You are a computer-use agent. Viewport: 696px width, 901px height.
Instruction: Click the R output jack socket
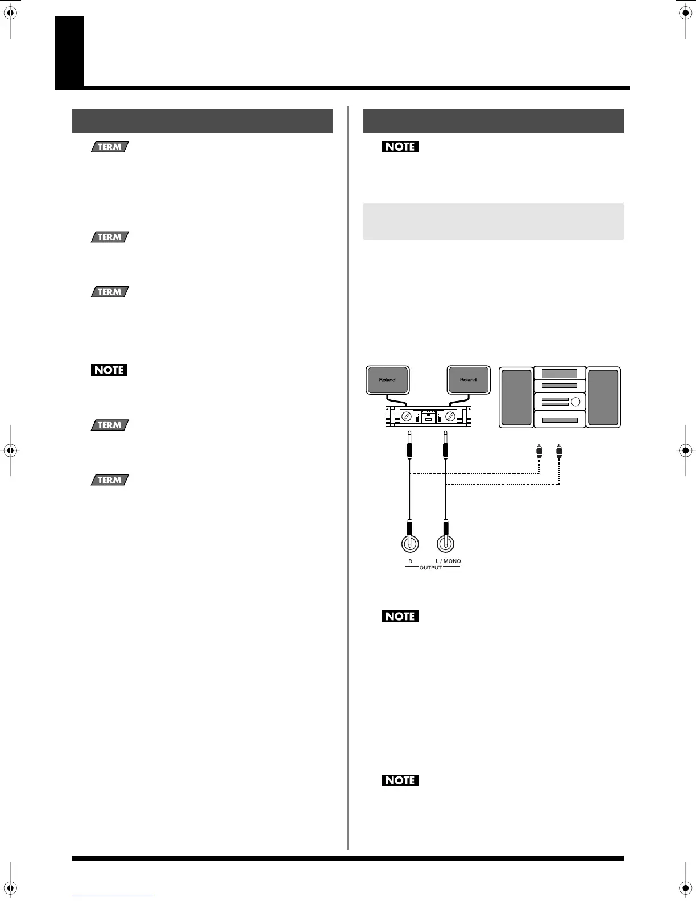[409, 544]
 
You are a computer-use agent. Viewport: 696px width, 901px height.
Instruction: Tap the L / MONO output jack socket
[446, 544]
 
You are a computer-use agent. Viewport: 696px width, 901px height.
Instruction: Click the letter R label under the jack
[409, 561]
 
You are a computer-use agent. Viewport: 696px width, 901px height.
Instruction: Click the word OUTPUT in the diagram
[430, 568]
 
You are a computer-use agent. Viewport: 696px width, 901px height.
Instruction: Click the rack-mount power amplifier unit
[428, 417]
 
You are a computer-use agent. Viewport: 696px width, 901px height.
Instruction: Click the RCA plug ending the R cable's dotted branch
[538, 452]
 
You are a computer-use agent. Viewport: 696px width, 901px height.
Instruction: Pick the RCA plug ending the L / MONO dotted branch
[559, 452]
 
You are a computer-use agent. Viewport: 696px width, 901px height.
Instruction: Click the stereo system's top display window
[560, 374]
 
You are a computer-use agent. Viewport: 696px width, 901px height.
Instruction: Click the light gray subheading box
[493, 221]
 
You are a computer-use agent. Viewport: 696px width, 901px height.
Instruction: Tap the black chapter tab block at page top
[69, 52]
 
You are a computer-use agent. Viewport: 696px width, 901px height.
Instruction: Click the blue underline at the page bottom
[113, 896]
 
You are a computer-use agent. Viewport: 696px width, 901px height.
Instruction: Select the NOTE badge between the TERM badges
[109, 370]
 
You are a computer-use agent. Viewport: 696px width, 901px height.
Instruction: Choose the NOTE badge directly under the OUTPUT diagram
[400, 616]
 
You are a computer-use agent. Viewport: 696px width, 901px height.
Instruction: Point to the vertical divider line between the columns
[347, 478]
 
